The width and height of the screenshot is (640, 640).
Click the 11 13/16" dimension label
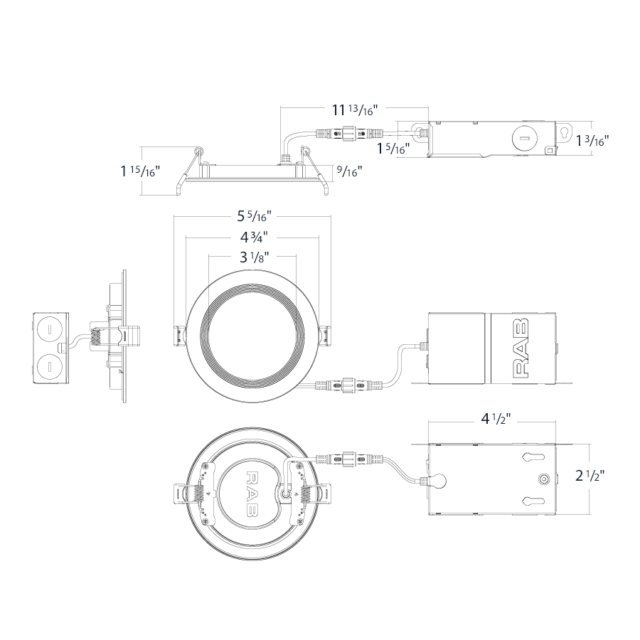pos(355,110)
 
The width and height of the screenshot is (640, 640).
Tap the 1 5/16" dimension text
pos(393,149)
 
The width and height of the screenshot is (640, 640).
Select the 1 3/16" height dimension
pos(592,142)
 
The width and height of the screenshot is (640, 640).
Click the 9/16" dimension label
pos(350,171)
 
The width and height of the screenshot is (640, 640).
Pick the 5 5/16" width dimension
pos(255,216)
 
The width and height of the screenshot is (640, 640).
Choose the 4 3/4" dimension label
pos(254,237)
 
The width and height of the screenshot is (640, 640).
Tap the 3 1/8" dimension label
pos(255,257)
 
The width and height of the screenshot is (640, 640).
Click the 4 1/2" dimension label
pos(496,419)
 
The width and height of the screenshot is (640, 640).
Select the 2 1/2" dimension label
pos(590,476)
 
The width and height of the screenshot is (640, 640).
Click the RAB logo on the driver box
pos(521,348)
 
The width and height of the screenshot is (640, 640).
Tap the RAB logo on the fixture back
pos(252,493)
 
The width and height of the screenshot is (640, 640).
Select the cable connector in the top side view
pos(351,133)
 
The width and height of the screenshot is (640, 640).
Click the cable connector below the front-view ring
pos(349,385)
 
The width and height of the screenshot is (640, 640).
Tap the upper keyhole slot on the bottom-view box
pos(533,457)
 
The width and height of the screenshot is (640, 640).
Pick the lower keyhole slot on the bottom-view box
pos(533,501)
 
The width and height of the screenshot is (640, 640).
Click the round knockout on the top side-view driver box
pos(523,138)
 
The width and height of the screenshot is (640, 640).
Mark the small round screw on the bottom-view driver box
pos(543,479)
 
